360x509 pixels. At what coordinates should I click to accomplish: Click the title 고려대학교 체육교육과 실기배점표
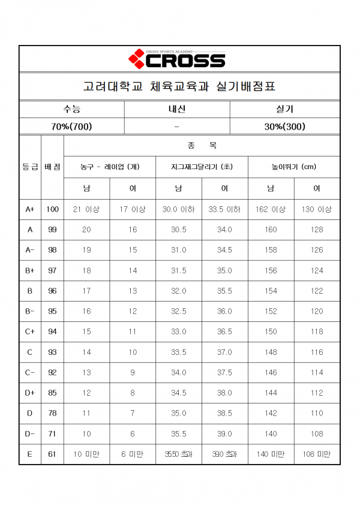179,86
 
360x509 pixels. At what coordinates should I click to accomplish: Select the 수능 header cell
72,109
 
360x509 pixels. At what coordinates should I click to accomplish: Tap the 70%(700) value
72,126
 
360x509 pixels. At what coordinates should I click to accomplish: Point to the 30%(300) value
285,126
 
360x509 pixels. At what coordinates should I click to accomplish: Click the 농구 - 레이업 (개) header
110,167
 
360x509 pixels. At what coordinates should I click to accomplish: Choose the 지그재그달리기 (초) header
202,167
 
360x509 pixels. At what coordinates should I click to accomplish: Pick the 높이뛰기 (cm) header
294,167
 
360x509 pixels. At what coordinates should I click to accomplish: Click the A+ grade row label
30,209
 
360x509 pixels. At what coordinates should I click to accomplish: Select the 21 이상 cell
86,209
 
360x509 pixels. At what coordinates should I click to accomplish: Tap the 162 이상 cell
271,209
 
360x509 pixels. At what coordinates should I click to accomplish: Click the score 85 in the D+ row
52,393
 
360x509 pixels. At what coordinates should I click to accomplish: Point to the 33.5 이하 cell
224,209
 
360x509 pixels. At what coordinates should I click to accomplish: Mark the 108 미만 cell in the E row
317,454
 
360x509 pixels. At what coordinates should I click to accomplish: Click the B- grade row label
30,311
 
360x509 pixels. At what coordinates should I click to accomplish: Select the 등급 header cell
30,167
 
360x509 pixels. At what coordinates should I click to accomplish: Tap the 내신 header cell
177,109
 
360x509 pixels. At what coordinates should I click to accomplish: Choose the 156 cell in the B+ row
271,270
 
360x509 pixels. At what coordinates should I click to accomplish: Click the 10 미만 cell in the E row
86,454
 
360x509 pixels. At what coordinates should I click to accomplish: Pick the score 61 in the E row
52,454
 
